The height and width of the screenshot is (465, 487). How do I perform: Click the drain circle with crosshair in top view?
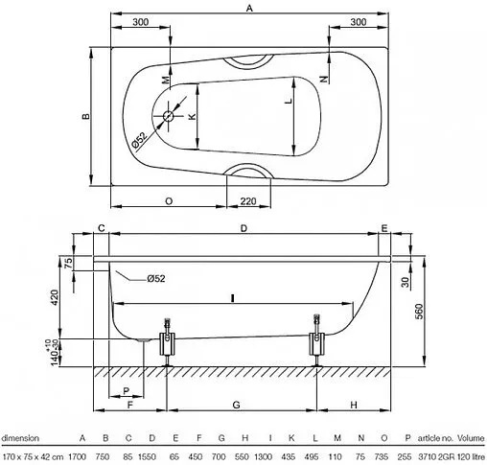click(170, 117)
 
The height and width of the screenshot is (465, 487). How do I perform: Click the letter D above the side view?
click(243, 227)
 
